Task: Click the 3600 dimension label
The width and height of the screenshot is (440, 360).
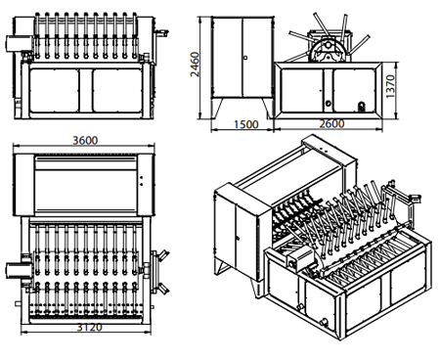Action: coord(85,141)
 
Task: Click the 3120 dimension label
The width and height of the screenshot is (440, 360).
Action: coord(89,327)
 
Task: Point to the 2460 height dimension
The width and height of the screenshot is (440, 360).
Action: coord(195,65)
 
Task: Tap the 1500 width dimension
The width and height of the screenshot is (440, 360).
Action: coord(246,124)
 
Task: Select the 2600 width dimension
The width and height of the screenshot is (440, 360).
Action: coord(331,123)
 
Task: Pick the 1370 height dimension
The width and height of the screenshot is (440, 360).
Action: coord(390,86)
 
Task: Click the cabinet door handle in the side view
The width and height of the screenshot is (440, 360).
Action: coord(245,58)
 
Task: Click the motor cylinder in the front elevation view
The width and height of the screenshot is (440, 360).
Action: coord(19,44)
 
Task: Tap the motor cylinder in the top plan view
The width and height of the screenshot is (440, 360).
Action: coord(19,271)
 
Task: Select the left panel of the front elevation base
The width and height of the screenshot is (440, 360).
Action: coord(54,91)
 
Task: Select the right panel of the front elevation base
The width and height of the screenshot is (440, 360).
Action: coord(117,91)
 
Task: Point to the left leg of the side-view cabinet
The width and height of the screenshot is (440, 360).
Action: coord(217,109)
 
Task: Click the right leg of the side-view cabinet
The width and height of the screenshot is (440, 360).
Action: coord(267,109)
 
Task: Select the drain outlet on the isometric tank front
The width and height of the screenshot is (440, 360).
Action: coord(325,322)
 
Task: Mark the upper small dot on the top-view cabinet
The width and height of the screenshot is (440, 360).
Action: coord(142,178)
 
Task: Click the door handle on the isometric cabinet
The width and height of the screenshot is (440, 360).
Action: coord(239,239)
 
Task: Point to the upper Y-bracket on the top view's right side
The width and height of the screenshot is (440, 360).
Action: coord(161,256)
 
